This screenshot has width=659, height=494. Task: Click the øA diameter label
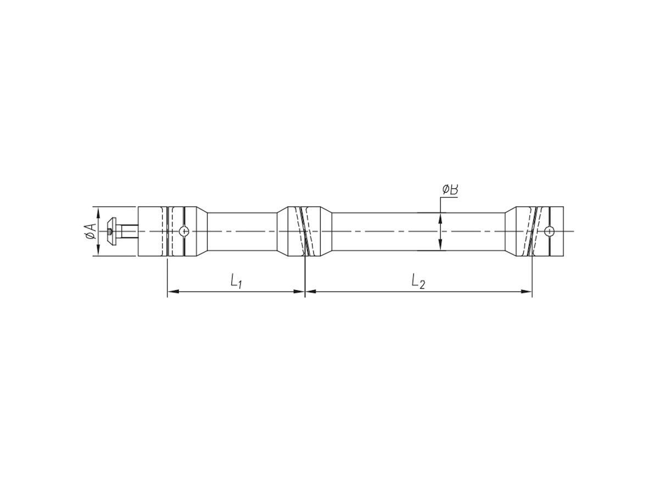point(91,231)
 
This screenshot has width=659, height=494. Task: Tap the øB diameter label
point(450,189)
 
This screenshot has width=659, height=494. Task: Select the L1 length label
point(236,281)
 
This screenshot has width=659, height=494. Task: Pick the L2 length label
point(418,281)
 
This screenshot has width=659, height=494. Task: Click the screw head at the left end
point(111,231)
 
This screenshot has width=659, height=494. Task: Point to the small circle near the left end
point(184,231)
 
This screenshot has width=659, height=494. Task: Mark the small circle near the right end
point(549,231)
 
